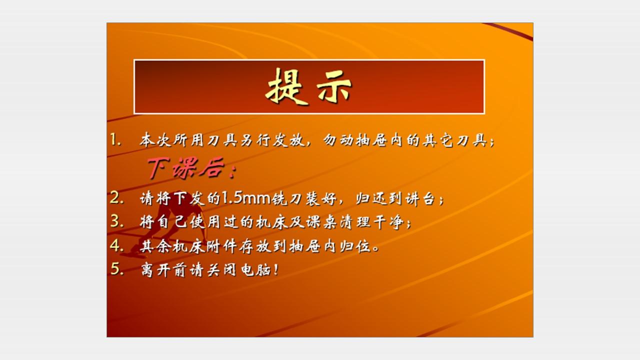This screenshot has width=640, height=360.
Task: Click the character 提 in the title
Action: coord(286,86)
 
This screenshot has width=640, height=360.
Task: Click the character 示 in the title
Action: coord(333,87)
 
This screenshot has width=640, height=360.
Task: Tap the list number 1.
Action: coord(115,140)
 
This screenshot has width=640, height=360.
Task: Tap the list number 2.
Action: coord(116,197)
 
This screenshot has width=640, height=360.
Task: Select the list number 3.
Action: coord(116,221)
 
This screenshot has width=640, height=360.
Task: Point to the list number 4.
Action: coord(116,245)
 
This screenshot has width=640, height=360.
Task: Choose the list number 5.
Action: coord(116,269)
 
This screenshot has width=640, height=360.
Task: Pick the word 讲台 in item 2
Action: coord(420,198)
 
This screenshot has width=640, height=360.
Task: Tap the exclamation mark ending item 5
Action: coord(275,269)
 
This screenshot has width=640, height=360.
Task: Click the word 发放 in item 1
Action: coord(288,140)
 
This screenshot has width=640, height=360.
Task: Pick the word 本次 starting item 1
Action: coord(155,140)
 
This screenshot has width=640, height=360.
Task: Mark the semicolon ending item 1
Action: coord(492,141)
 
